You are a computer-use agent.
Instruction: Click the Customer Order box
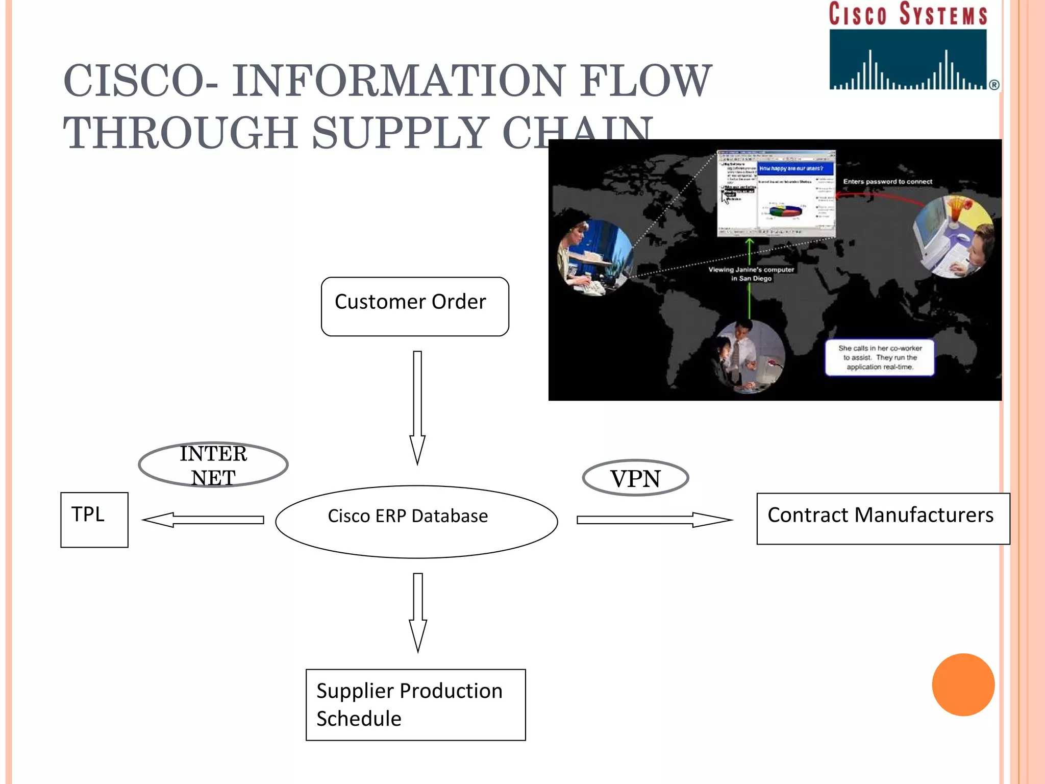(415, 306)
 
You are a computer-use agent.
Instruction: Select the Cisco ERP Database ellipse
(416, 521)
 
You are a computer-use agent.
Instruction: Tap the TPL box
(94, 520)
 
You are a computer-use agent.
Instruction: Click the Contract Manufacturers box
(883, 518)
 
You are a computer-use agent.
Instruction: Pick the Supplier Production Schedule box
(415, 704)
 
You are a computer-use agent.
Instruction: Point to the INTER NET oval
(213, 464)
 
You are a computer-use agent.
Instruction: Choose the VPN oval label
(635, 478)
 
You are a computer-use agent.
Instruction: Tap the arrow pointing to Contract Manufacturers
(653, 520)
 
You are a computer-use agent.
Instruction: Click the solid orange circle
(963, 684)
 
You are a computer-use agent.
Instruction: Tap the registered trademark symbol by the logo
(994, 85)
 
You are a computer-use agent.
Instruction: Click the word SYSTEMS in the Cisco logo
(943, 14)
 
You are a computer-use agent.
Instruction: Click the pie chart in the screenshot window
(786, 210)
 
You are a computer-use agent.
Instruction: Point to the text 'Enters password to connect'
(887, 182)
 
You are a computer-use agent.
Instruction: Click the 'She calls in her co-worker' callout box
(880, 357)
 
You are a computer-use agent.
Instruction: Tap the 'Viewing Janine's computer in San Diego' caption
(751, 274)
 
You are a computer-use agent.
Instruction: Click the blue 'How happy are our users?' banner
(795, 168)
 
